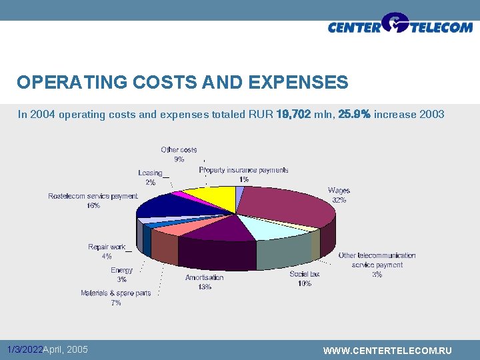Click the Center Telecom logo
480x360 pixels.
(399, 25)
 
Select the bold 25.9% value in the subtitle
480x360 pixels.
(355, 115)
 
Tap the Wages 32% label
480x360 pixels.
(339, 195)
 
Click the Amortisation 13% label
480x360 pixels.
(204, 282)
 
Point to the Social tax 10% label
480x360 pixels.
(305, 279)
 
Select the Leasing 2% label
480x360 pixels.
(151, 177)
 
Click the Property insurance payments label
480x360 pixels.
(243, 175)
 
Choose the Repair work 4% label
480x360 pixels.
(107, 251)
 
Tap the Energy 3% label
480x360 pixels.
(121, 275)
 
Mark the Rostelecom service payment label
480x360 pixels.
(93, 201)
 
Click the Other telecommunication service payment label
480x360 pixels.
(377, 265)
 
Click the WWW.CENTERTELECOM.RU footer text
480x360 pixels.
(387, 351)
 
